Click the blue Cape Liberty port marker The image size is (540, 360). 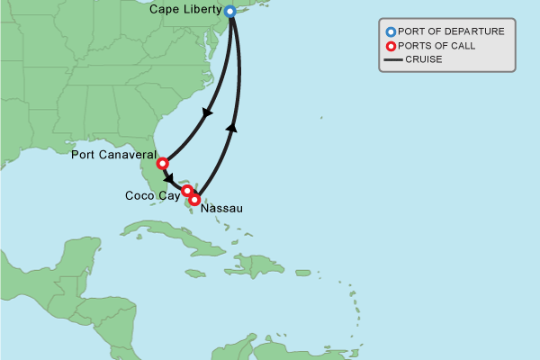pos(229,12)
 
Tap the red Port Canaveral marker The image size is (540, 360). pos(162,164)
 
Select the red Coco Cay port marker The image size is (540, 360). pos(187,191)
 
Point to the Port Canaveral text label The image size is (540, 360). pos(113,156)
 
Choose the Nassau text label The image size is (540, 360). pos(222,208)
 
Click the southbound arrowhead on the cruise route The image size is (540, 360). pos(207,114)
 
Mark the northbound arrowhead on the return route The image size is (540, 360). pos(232,128)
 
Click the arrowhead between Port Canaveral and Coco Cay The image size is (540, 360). pos(169,178)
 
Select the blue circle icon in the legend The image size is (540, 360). pos(391,31)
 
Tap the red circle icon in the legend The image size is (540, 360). pos(391,46)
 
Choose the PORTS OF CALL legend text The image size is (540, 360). pos(437,46)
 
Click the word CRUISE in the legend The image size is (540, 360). pos(424,60)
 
